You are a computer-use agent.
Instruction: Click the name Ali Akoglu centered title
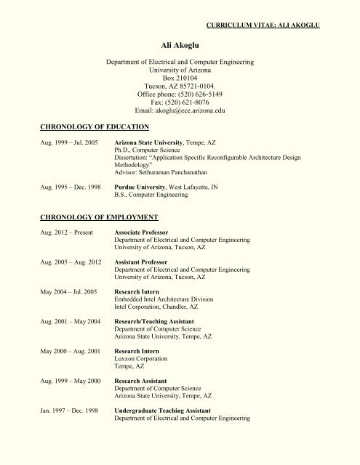pos(180,44)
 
